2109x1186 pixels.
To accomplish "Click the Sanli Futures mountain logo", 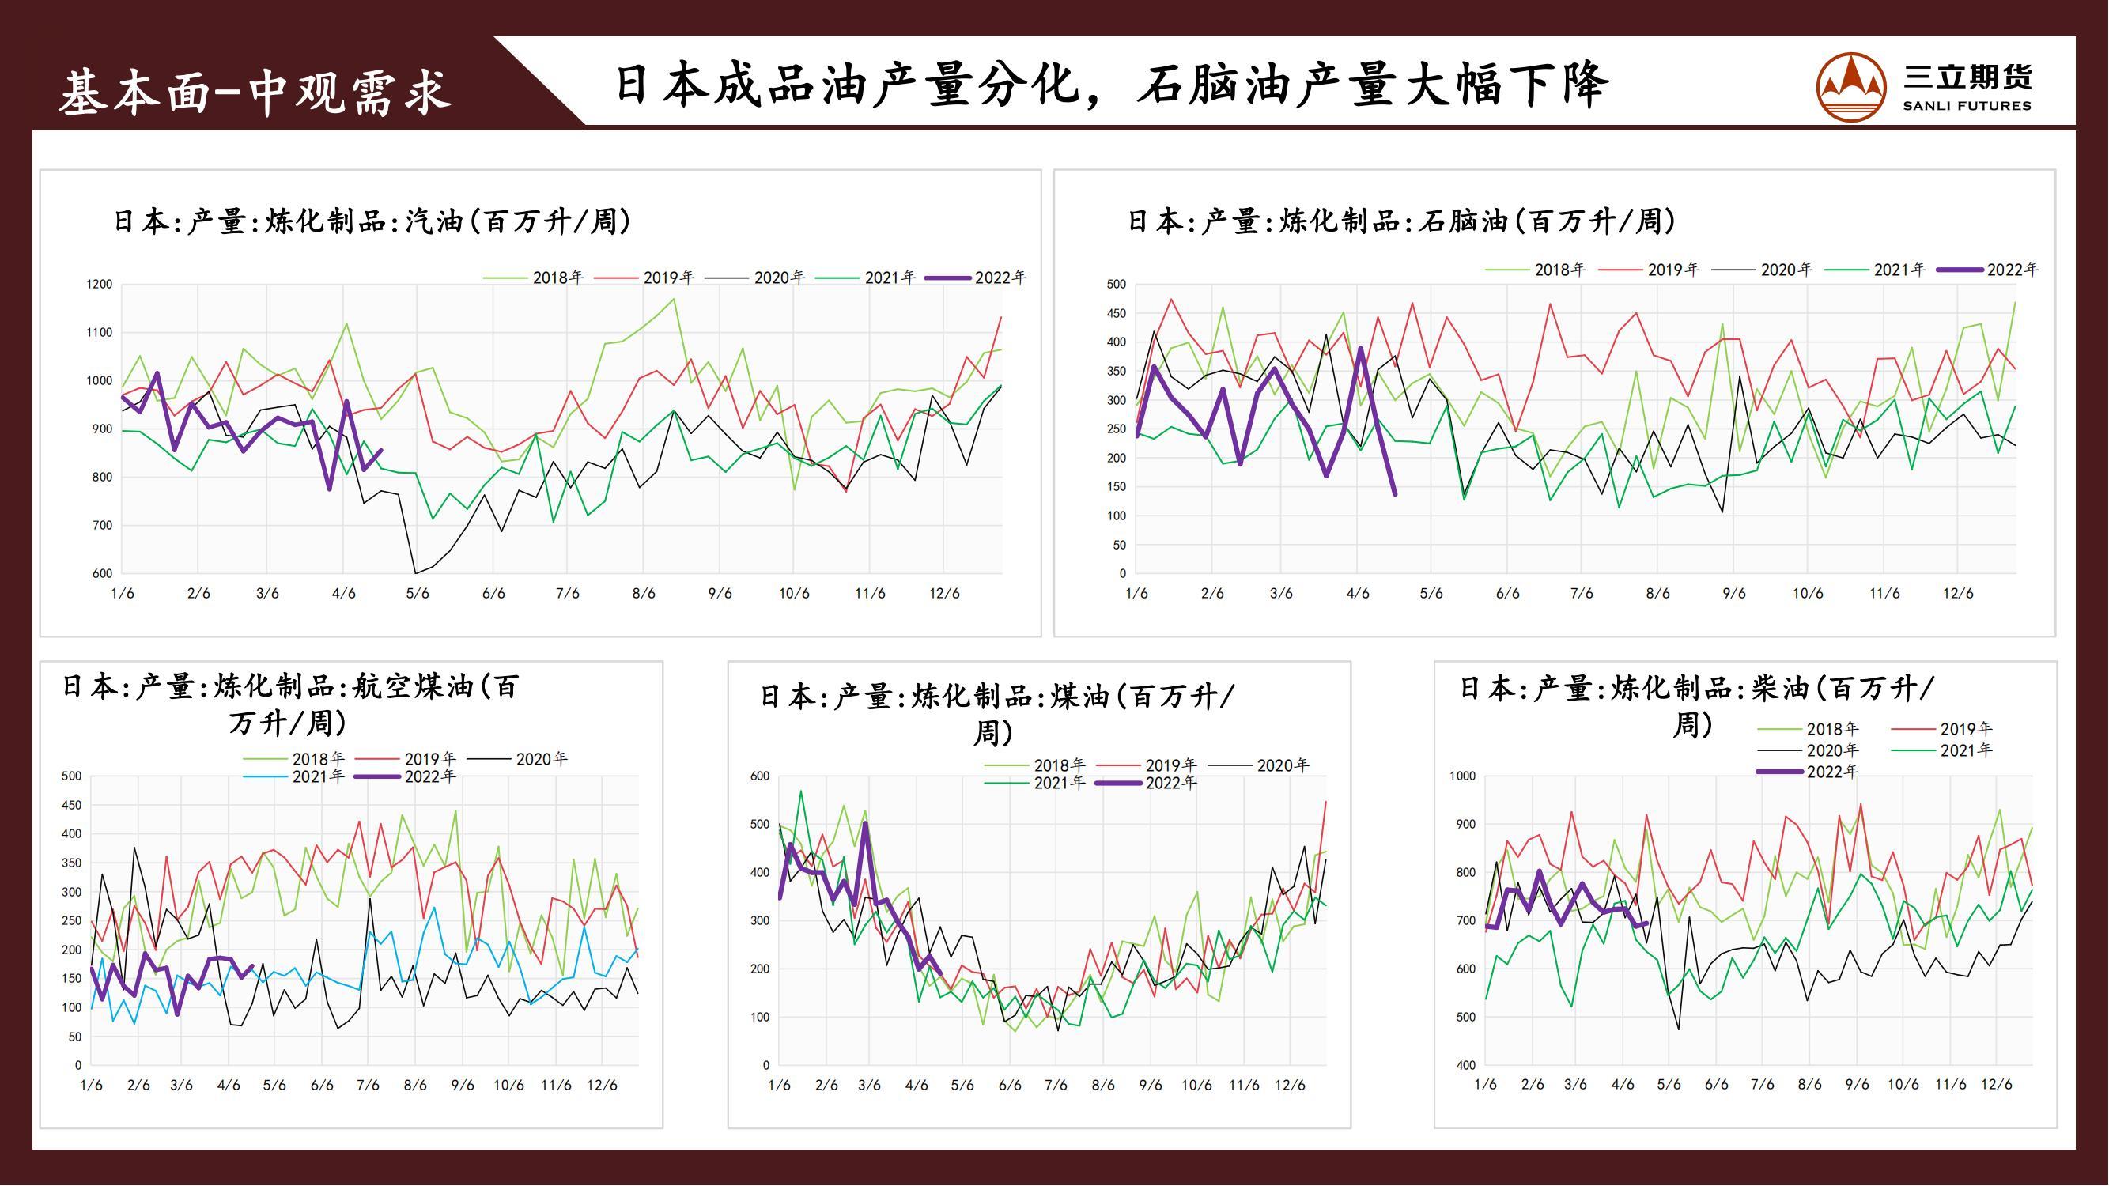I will [x=1851, y=87].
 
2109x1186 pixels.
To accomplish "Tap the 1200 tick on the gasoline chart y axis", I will [x=99, y=285].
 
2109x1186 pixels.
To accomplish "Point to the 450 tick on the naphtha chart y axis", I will [x=1116, y=313].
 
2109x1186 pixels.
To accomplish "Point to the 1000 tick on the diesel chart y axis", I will [x=1461, y=776].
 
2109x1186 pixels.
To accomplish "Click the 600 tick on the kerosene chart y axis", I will [x=760, y=776].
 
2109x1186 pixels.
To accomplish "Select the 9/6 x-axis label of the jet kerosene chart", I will [x=463, y=1086].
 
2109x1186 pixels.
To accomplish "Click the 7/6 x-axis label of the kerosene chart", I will [x=1056, y=1086].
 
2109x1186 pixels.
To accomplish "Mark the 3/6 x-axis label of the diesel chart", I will [x=1575, y=1086].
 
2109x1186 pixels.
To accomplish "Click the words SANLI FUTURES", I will [x=1967, y=106].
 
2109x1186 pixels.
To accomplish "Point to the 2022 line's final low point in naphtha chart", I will [x=1395, y=493].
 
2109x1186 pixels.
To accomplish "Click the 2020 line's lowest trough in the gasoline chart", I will [x=416, y=573].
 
